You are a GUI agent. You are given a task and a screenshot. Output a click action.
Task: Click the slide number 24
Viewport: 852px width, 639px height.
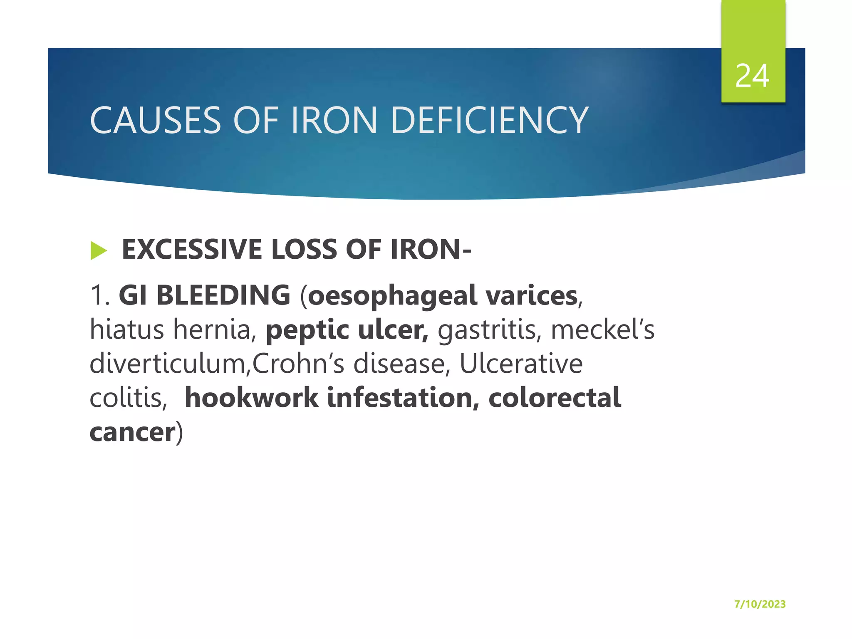pyautogui.click(x=752, y=76)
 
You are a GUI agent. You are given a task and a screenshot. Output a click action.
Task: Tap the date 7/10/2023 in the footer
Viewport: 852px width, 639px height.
pyautogui.click(x=760, y=604)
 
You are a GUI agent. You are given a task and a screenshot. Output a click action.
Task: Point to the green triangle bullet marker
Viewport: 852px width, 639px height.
pyautogui.click(x=99, y=250)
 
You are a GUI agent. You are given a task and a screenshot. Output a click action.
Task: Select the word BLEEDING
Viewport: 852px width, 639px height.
pyautogui.click(x=223, y=295)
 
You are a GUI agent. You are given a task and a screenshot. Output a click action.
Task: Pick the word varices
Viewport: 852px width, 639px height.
pyautogui.click(x=532, y=295)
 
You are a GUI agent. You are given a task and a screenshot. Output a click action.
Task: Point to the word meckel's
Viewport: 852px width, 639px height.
pyautogui.click(x=602, y=329)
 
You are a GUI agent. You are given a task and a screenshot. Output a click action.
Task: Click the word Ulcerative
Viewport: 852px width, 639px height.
pyautogui.click(x=521, y=364)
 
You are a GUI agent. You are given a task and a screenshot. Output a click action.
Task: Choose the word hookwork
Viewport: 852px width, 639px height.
pyautogui.click(x=251, y=397)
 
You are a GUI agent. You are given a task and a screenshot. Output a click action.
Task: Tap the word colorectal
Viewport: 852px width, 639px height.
pyautogui.click(x=555, y=397)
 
